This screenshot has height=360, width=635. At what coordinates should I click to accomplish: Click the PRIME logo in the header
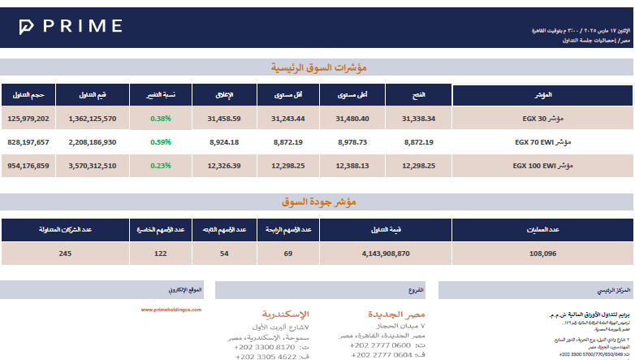pos(70,26)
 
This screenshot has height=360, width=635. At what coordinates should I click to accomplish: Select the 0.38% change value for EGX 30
pos(161,119)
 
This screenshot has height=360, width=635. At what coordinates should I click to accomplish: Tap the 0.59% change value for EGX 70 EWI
pos(161,142)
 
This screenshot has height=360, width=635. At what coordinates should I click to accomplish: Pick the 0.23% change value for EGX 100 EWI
pos(161,166)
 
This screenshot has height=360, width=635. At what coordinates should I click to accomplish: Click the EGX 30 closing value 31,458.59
pos(223,119)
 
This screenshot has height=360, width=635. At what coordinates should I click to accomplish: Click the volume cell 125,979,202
pos(28,119)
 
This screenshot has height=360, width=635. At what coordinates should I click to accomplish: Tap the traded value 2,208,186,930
pos(93,142)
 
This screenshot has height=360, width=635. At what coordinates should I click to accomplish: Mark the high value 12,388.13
pos(352,166)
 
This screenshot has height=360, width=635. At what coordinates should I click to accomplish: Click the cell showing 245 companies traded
pos(66,254)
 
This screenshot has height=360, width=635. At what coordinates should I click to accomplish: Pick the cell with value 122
pos(161,254)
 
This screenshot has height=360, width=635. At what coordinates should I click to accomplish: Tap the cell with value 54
pos(224,254)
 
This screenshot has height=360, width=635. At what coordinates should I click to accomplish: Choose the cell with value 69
pos(287,254)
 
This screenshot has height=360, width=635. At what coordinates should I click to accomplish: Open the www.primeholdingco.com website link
pos(171,310)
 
